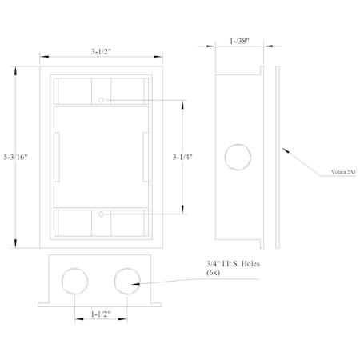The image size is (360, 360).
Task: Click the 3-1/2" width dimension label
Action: point(101,51)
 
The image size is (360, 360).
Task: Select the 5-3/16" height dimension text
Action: point(16,157)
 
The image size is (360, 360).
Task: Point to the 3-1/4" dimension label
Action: point(182,157)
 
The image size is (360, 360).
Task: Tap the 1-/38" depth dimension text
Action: point(239,41)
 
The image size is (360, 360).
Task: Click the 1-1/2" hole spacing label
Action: point(101,314)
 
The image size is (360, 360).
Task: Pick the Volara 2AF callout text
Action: point(343,172)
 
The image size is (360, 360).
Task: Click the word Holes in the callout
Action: point(250,264)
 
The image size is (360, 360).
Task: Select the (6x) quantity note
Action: point(213,273)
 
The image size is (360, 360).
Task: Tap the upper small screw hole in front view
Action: point(101,100)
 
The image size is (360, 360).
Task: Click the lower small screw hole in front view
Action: point(101,214)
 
